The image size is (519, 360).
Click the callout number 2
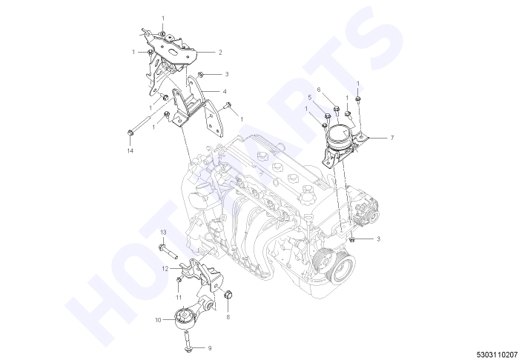pyautogui.click(x=220, y=53)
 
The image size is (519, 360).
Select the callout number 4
pyautogui.click(x=225, y=92)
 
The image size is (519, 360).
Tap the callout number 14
pyautogui.click(x=130, y=151)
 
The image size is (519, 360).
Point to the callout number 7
pyautogui.click(x=392, y=138)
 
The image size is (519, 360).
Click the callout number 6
pyautogui.click(x=319, y=90)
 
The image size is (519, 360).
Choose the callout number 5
pyautogui.click(x=310, y=98)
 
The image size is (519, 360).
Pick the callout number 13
pyautogui.click(x=163, y=233)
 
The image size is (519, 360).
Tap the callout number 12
pyautogui.click(x=165, y=269)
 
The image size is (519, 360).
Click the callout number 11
pyautogui.click(x=179, y=298)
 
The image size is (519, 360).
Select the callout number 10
pyautogui.click(x=158, y=320)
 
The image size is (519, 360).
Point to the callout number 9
pyautogui.click(x=210, y=348)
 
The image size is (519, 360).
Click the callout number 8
pyautogui.click(x=228, y=317)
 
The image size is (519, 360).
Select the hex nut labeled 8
pyautogui.click(x=228, y=294)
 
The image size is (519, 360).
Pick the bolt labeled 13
pyautogui.click(x=168, y=252)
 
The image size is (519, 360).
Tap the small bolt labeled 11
pyautogui.click(x=179, y=280)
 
